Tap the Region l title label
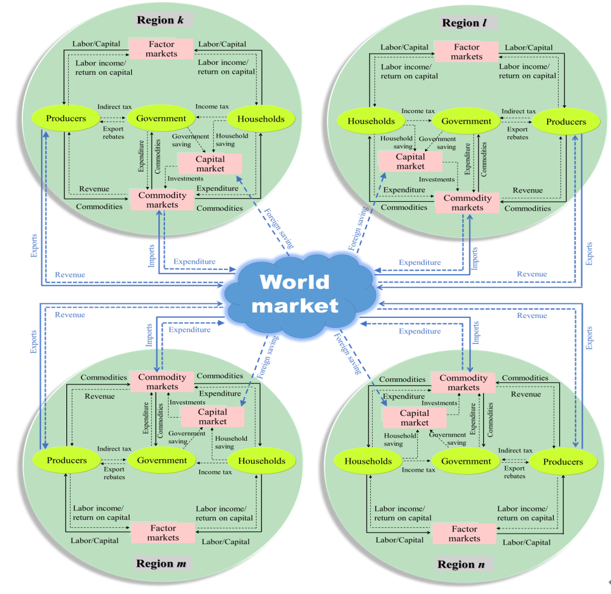(466, 23)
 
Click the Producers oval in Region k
(67, 119)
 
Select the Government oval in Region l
(466, 121)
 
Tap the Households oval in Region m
(261, 461)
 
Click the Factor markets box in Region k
(161, 49)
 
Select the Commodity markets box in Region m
(162, 382)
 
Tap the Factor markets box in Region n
(464, 534)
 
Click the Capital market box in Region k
(210, 164)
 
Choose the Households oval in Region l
(371, 121)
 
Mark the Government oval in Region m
(162, 460)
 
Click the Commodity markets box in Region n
(464, 382)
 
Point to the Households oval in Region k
(261, 119)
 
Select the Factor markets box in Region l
(466, 52)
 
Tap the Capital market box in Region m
(212, 416)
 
